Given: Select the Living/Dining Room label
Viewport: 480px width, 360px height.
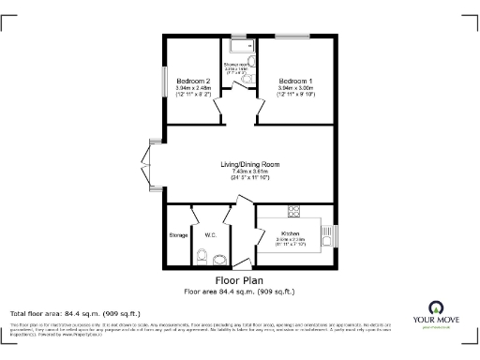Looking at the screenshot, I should (x=250, y=165).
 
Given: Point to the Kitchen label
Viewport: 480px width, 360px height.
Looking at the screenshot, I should (x=289, y=233).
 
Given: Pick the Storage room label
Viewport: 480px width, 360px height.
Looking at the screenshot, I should (x=178, y=234).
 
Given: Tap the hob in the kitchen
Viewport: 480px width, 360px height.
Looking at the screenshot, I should (x=294, y=210).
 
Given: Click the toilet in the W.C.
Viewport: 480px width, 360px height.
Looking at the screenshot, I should (x=202, y=256).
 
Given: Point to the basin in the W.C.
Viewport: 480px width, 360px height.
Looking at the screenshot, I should (x=219, y=257).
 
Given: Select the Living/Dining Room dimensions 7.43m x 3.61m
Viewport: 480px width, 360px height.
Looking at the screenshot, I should (x=250, y=172).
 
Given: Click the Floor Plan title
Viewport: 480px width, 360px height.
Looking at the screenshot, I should (x=239, y=280).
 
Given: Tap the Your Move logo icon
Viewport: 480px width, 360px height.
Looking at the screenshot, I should (x=436, y=307).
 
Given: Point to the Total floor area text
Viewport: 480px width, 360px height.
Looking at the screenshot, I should (x=75, y=313).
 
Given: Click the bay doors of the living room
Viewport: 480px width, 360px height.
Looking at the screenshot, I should (x=148, y=166).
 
